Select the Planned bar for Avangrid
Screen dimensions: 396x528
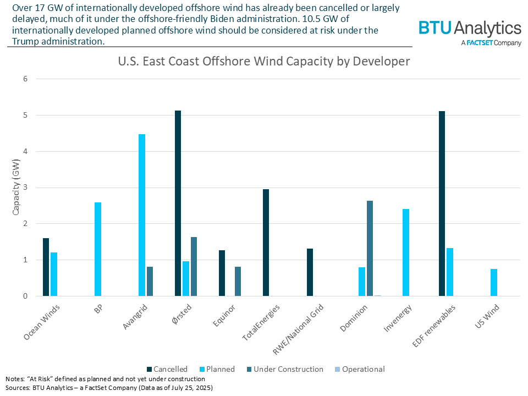[142, 215]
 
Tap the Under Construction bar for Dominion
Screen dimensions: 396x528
[370, 249]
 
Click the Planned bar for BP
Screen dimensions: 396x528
[98, 249]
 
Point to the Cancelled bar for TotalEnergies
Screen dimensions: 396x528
[266, 243]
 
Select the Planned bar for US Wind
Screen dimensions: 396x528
[494, 283]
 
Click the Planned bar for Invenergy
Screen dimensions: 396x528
[406, 252]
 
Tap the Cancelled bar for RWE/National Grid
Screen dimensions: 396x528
[310, 272]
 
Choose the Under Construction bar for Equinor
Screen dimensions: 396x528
[238, 282]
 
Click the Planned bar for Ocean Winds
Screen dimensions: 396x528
[54, 274]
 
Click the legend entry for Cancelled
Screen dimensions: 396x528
[167, 369]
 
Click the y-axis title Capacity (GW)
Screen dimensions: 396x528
[16, 188]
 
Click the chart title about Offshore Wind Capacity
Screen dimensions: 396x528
[263, 61]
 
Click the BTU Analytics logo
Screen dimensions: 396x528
[469, 32]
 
